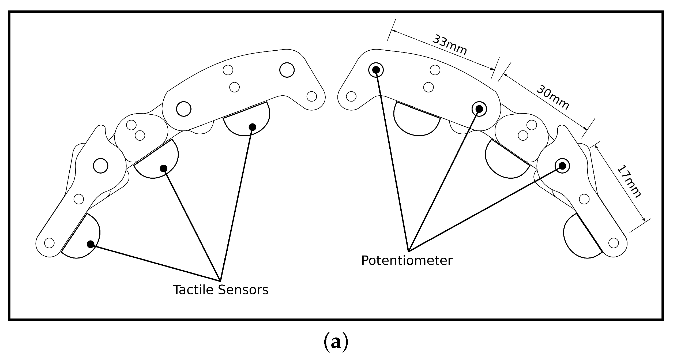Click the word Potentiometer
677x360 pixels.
pos(407,260)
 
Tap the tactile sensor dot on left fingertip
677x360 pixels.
pos(91,244)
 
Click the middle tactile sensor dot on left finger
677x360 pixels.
pos(164,168)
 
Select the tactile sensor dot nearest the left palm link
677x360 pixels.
pos(252,127)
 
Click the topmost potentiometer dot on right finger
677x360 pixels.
pos(376,70)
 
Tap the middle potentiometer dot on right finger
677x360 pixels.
pos(479,109)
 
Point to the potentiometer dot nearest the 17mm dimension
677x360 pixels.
pos(562,166)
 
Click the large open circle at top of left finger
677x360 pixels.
pos(287,70)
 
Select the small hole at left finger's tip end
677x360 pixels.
pos(49,243)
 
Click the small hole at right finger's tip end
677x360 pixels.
pos(614,243)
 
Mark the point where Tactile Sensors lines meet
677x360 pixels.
pos(220,281)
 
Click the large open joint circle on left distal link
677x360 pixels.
pos(101,166)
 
